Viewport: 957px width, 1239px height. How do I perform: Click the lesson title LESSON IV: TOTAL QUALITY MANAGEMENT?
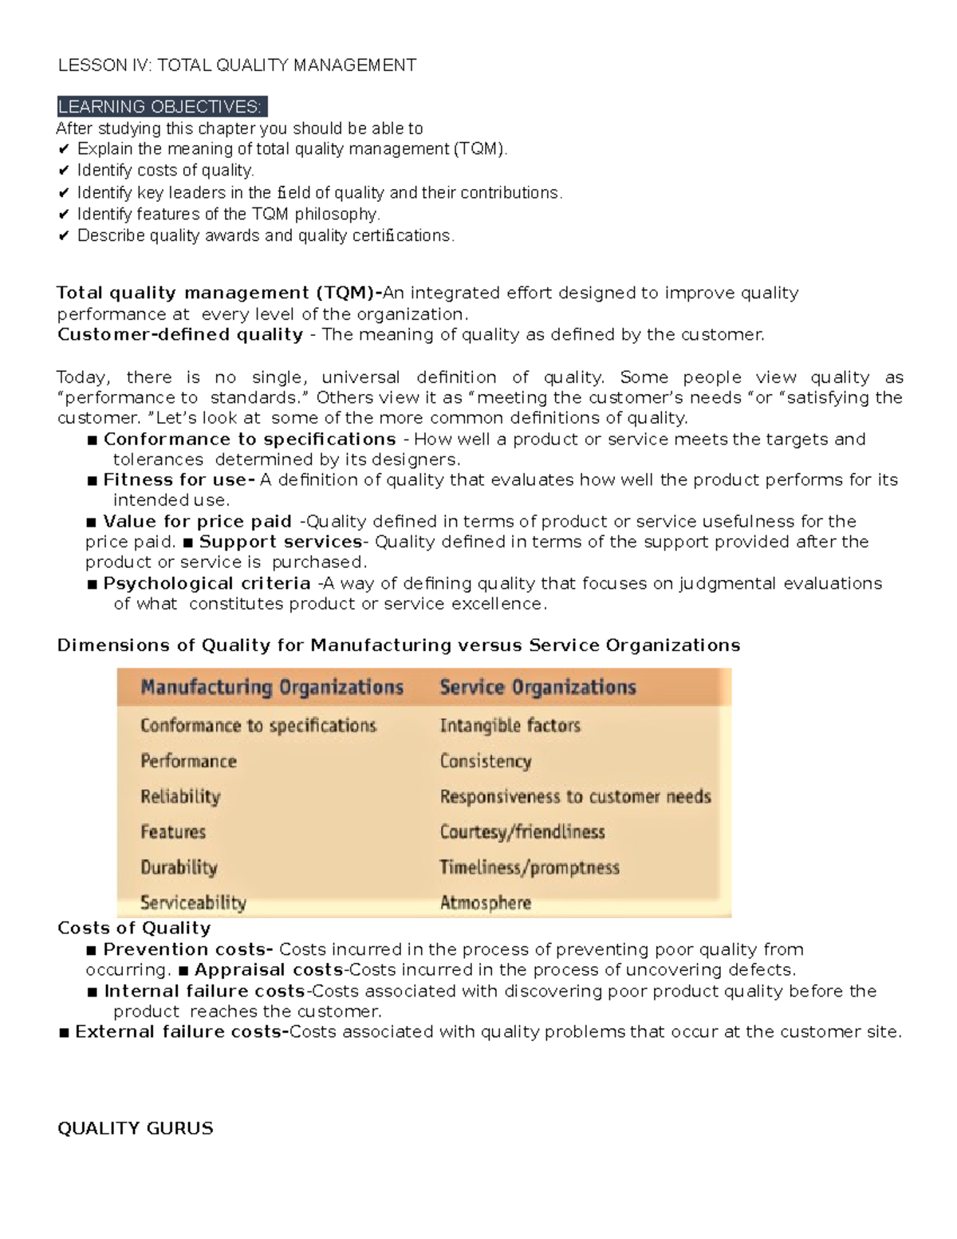coord(237,65)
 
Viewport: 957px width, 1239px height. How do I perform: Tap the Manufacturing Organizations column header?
coord(272,688)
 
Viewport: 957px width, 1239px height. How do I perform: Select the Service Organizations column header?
coord(538,688)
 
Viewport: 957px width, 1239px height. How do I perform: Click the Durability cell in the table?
coord(179,867)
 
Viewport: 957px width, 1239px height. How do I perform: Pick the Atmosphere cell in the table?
coord(485,903)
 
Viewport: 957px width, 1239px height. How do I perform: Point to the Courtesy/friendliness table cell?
coord(522,832)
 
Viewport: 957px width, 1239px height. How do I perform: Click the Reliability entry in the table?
coord(180,796)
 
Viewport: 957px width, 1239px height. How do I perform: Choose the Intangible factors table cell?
coord(510,725)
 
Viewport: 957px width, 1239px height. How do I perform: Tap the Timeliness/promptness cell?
coord(530,867)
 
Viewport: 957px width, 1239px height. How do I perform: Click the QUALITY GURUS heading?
coord(136,1128)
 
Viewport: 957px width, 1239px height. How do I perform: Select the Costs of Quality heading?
coord(134,928)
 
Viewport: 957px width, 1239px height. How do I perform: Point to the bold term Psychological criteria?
coord(207,583)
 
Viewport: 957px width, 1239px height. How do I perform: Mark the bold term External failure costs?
coord(180,1032)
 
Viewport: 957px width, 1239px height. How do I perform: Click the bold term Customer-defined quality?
coord(180,334)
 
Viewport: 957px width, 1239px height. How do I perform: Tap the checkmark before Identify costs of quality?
coord(64,171)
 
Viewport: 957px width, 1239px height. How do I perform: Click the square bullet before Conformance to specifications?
coord(93,440)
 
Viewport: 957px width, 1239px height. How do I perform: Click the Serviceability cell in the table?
coord(193,903)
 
